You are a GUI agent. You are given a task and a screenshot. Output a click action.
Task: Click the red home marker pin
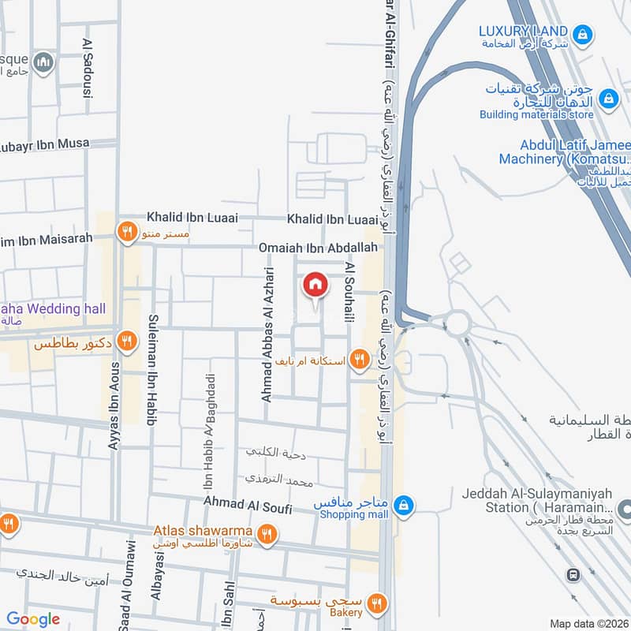[x=315, y=286]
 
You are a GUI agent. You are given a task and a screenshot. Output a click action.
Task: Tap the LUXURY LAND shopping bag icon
[x=582, y=33]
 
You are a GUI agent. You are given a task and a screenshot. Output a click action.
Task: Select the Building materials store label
[x=536, y=114]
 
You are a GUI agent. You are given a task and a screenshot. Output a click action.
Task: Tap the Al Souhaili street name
[x=347, y=293]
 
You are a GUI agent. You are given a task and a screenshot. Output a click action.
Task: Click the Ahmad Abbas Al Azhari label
[x=267, y=334]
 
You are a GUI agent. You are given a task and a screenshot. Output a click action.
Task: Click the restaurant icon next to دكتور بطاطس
[x=126, y=342]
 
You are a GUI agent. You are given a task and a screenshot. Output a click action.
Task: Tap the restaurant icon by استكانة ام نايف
[x=360, y=359]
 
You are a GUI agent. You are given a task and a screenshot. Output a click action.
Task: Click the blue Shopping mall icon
[x=403, y=503]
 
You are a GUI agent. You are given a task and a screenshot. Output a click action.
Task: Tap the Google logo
[x=33, y=619]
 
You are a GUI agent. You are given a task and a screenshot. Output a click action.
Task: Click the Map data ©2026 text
[x=588, y=624]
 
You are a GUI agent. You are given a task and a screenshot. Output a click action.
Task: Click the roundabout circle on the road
[x=457, y=323]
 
